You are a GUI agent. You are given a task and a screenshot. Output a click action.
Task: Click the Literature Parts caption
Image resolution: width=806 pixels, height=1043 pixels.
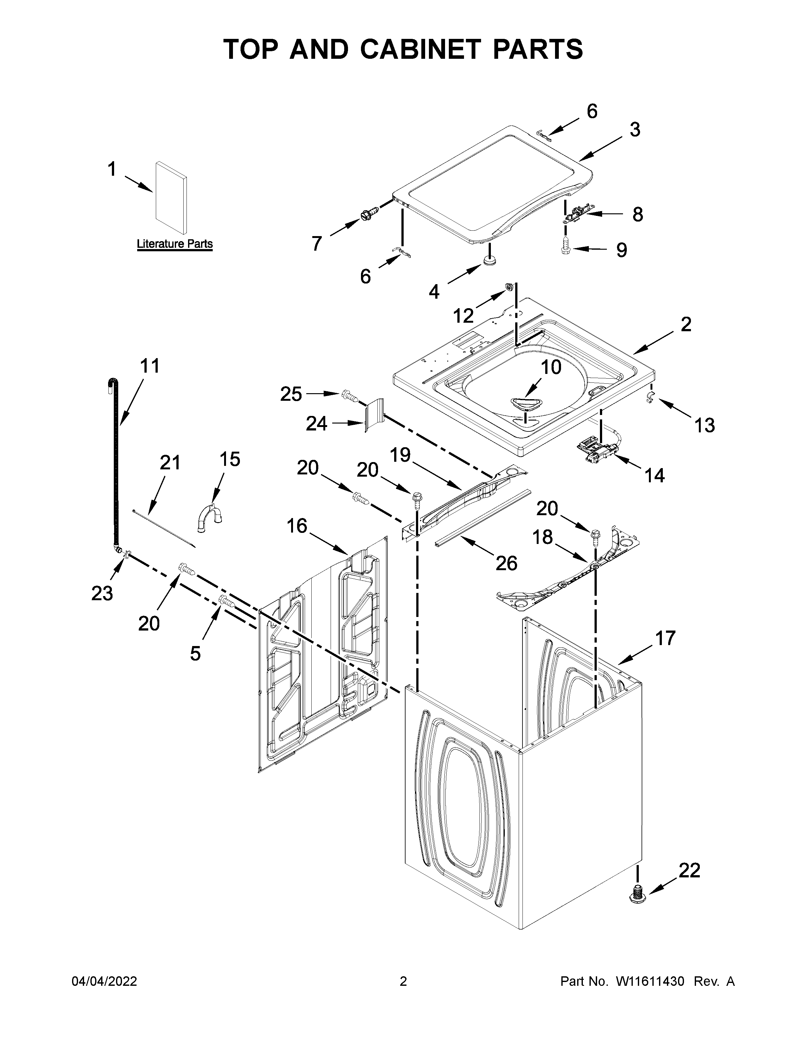[x=175, y=244]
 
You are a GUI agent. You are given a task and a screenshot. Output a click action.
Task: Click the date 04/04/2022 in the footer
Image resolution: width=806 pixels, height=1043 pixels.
[x=104, y=981]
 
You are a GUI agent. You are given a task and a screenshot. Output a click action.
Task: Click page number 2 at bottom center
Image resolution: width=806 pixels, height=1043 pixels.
[x=403, y=981]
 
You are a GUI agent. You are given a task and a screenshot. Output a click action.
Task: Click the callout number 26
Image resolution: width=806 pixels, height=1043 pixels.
[x=506, y=563]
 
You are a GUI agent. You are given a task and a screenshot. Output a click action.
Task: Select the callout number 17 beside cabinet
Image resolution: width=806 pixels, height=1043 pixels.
[x=665, y=638]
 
